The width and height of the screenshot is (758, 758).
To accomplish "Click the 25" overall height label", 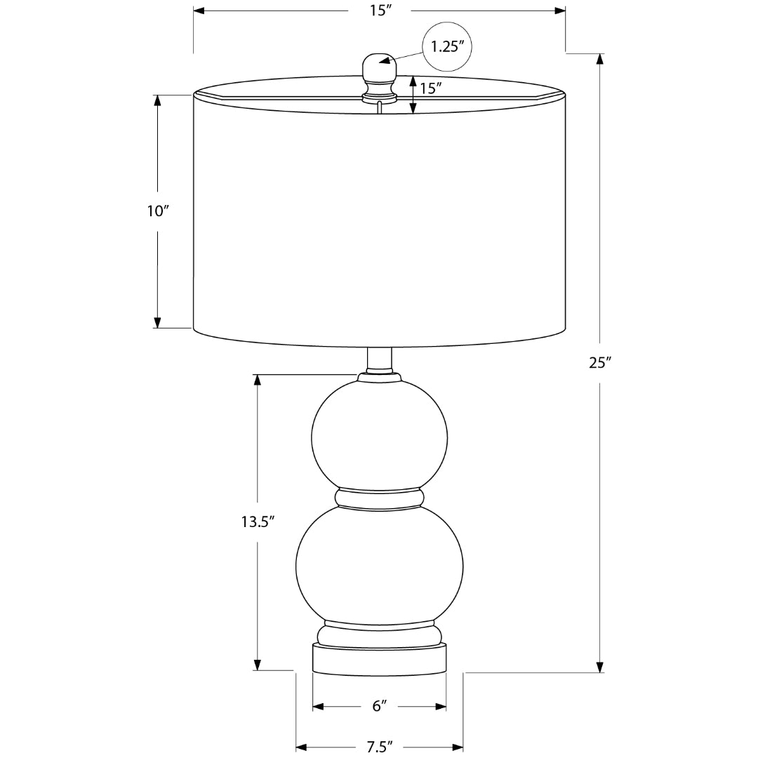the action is click(x=600, y=363).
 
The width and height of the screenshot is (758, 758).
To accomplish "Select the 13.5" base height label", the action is click(x=258, y=521).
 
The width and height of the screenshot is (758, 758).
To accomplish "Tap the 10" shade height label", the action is click(x=158, y=211).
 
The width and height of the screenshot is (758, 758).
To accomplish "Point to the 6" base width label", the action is click(x=380, y=706).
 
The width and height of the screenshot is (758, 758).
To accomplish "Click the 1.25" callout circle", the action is click(x=448, y=46).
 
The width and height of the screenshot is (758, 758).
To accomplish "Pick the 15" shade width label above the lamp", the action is click(x=380, y=10).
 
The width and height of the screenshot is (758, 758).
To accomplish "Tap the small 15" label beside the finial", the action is click(x=431, y=88).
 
